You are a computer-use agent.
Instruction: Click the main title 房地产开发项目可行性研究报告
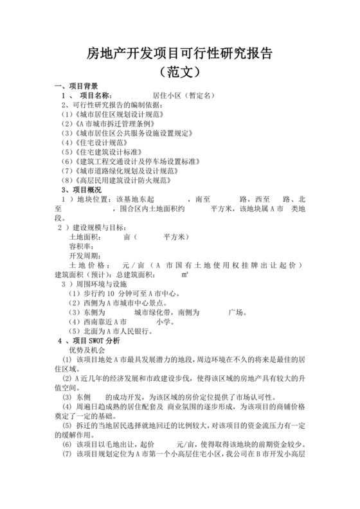179,53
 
